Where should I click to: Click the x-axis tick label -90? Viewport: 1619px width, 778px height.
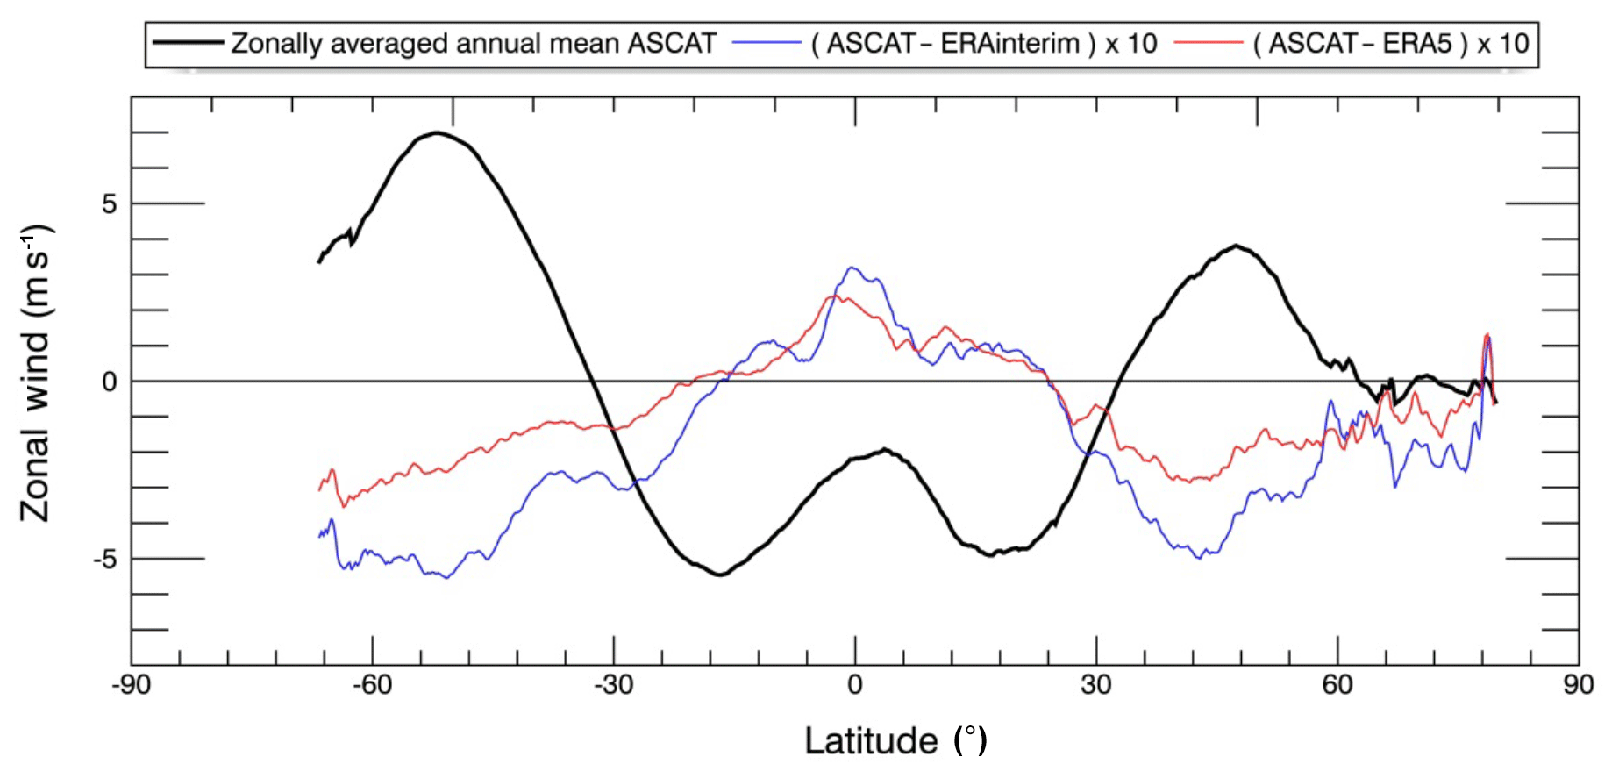[x=131, y=685]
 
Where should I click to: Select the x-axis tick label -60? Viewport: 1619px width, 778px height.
[x=372, y=685]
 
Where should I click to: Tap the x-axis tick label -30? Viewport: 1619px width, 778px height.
[x=613, y=685]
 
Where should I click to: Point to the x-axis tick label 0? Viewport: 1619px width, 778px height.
[x=855, y=685]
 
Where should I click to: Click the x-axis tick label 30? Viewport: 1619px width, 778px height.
[x=1096, y=685]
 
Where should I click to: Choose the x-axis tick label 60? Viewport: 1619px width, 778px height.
[x=1337, y=685]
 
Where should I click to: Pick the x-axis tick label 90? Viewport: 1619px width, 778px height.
[x=1579, y=685]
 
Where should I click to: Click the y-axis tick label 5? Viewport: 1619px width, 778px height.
[x=109, y=204]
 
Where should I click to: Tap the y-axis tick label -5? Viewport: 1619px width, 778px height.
[x=104, y=559]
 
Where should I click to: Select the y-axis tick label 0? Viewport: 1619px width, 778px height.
[x=109, y=382]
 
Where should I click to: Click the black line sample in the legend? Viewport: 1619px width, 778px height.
[x=187, y=42]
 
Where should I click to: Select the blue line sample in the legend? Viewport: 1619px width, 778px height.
[x=766, y=42]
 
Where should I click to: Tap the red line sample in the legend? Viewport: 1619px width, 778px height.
[x=1208, y=42]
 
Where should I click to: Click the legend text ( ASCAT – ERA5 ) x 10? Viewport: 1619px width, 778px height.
[x=1391, y=43]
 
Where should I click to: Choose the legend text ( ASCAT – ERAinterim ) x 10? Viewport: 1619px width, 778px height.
[x=984, y=43]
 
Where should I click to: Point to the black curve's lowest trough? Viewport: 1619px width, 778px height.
[x=720, y=575]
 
